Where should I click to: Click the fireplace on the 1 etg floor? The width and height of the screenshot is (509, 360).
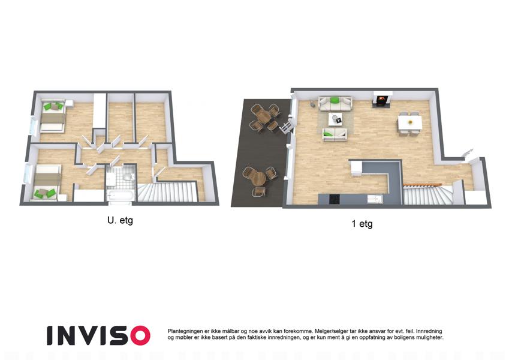(382, 100)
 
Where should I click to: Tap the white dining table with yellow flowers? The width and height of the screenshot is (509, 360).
(409, 123)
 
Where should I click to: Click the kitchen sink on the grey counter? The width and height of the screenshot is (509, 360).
(375, 199)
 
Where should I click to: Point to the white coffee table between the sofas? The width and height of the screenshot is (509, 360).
(336, 119)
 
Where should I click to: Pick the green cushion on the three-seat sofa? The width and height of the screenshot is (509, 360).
(335, 100)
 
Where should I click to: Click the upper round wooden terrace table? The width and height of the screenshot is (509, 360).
(264, 118)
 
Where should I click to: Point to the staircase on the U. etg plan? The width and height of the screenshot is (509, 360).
(168, 193)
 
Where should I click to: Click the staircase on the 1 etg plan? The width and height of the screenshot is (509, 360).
(427, 194)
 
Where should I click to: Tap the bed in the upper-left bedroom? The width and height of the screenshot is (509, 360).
(53, 116)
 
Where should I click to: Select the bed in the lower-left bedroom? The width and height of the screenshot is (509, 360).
(47, 182)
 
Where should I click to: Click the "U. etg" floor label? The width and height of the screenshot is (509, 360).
(120, 221)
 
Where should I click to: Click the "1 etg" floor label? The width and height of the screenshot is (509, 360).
(362, 224)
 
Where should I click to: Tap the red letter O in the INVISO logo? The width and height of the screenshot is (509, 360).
(140, 335)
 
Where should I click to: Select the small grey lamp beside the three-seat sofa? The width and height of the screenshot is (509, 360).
(312, 104)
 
